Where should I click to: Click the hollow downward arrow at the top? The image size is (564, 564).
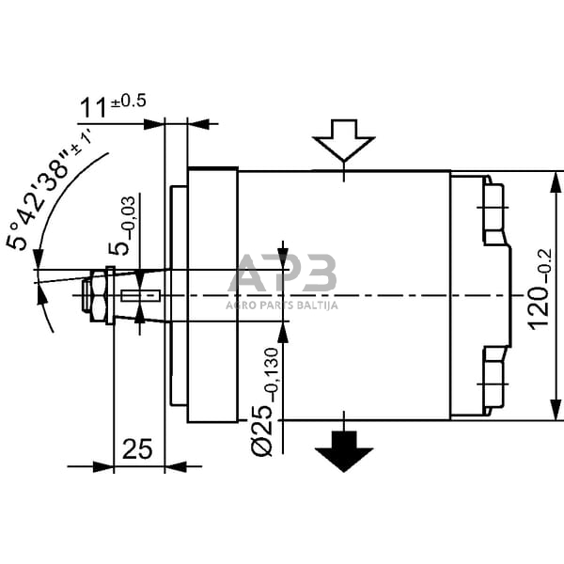pyautogui.click(x=345, y=142)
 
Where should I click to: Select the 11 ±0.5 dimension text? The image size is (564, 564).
pyautogui.click(x=111, y=104)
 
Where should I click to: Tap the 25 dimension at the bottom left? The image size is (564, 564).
pyautogui.click(x=138, y=449)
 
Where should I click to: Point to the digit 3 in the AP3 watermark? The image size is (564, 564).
pyautogui.click(x=320, y=274)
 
